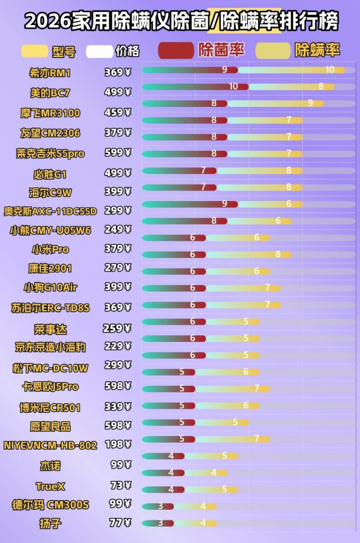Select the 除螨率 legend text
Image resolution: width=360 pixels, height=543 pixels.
tap(317, 50)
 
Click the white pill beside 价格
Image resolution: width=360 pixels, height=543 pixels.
tap(99, 51)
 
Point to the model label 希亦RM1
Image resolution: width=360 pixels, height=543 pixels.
tap(50, 73)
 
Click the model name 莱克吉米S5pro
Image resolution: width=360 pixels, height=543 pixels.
tap(50, 153)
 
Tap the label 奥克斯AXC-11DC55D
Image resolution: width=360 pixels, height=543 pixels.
tap(50, 211)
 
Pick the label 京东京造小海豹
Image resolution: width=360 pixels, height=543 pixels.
tap(50, 347)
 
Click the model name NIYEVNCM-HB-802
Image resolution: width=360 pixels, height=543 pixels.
tap(50, 445)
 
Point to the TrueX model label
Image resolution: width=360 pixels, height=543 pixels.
tap(50, 486)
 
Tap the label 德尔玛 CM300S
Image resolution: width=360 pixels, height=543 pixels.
tap(50, 505)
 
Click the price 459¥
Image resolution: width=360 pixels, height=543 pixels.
tap(117, 112)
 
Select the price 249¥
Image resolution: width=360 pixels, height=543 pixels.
tap(117, 229)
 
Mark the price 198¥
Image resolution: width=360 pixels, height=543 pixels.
tap(117, 444)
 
